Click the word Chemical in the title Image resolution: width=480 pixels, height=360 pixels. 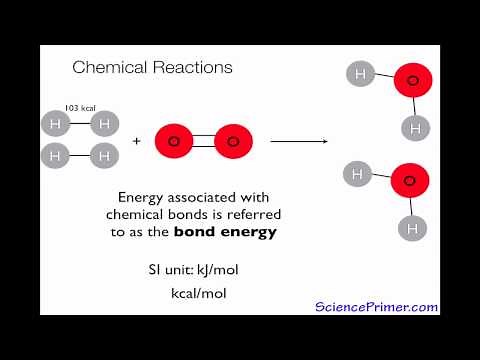pos(107,68)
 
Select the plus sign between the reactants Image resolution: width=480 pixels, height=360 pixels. pos(136,141)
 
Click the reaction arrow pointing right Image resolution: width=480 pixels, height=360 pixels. pos(299,141)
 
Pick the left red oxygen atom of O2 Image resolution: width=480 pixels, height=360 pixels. pos(173,141)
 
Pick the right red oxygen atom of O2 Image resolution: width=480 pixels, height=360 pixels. pos(232,141)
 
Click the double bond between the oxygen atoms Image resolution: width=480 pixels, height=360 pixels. pos(203,141)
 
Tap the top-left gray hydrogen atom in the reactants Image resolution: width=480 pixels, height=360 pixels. pos(56,124)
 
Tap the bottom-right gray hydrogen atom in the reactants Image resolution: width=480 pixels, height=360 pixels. pos(103,156)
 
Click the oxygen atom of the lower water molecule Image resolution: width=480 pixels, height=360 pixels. pos(409,181)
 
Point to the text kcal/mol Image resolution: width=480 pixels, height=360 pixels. pos(204,294)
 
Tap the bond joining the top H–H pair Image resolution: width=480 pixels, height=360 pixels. pos(79,124)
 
